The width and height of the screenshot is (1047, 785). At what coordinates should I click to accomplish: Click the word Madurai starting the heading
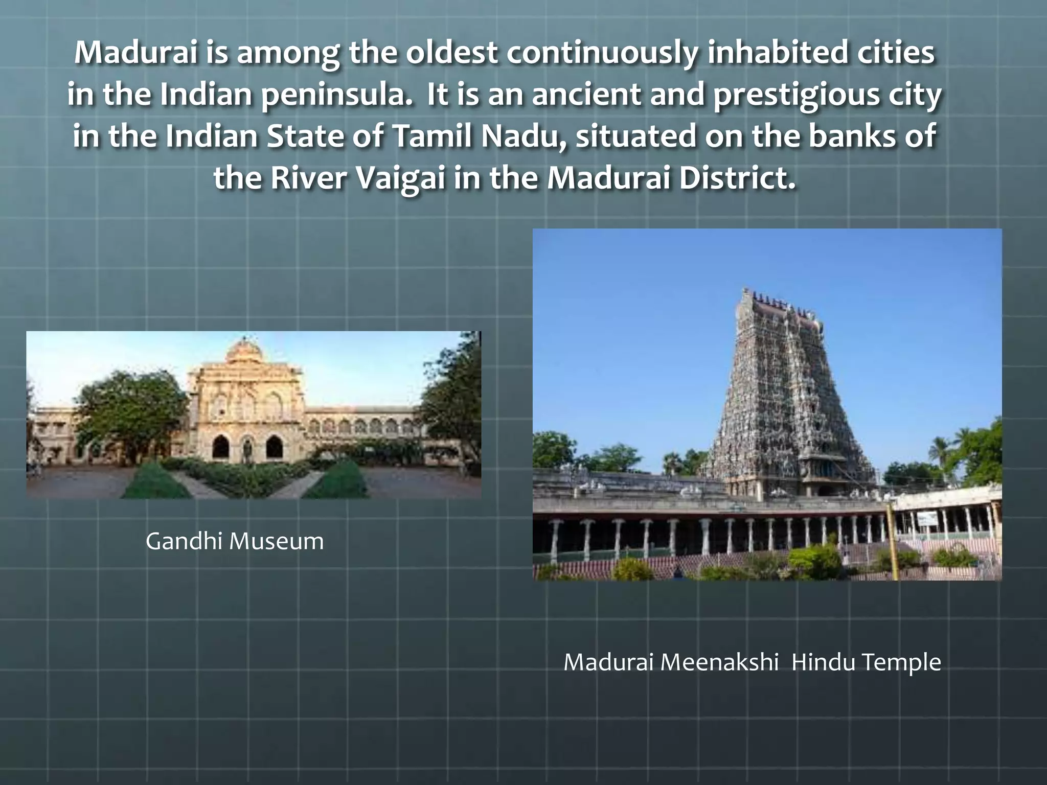click(x=135, y=53)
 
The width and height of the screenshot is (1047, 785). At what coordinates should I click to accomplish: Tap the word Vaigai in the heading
click(x=399, y=178)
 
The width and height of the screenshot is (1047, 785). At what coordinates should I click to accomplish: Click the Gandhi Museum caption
click(x=235, y=541)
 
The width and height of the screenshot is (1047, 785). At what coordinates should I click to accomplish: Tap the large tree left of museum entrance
click(x=128, y=409)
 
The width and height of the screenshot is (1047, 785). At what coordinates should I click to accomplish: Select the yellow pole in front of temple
click(x=894, y=542)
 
